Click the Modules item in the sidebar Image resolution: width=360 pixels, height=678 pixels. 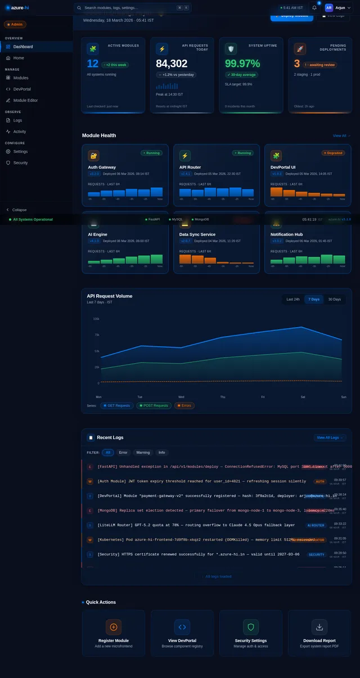pos(21,78)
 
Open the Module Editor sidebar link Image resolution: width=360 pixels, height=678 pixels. pos(25,100)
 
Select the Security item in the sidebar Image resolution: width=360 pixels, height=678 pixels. pos(20,162)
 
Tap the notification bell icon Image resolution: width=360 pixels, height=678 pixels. pos(314,8)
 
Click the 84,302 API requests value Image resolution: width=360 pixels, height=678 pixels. pos(172,64)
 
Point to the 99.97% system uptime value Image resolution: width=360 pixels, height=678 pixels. pos(242,64)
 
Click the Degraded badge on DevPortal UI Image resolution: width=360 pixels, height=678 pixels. pos(333,153)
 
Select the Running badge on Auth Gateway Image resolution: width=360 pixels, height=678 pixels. pos(151,153)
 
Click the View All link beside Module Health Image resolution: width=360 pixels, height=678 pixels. pos(341,135)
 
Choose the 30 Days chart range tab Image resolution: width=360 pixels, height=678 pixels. pos(334,299)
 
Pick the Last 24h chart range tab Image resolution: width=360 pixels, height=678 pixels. pos(293,299)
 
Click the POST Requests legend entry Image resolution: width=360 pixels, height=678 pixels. pos(154,405)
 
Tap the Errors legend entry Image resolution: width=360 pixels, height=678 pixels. pos(184,405)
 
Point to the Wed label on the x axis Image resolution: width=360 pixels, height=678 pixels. pos(181,397)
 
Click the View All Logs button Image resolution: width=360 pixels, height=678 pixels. pos(330,437)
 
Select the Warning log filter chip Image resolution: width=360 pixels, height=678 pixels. pos(143,452)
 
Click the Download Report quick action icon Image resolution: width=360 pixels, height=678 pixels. pos(319,627)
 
